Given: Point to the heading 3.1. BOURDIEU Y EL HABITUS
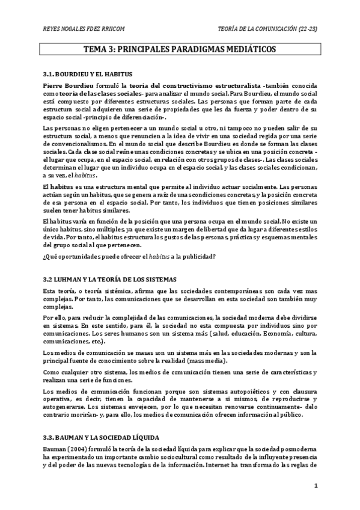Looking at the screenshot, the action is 88,73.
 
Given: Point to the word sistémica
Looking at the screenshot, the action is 102,292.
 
